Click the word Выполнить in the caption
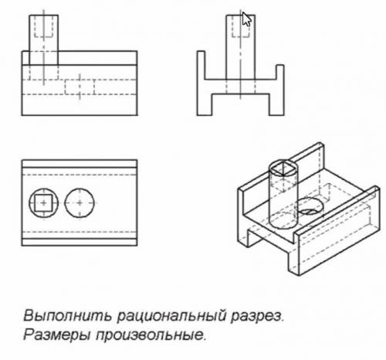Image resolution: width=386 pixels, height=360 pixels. pos(68,316)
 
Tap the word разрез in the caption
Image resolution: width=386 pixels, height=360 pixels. pos(256,317)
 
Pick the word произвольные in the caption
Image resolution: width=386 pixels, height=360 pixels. pos(151,335)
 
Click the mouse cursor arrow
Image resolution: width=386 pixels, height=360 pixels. pos(246,19)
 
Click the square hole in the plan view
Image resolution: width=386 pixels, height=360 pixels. pos(43,203)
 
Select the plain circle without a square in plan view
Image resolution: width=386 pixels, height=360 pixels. pos(80,203)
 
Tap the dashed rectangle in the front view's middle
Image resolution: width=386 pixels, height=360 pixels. pos(80,87)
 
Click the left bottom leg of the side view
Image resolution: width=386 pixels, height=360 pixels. pos(205,104)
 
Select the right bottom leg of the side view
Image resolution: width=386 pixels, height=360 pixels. pos(276,104)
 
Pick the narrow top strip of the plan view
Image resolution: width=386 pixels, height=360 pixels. pos(80,164)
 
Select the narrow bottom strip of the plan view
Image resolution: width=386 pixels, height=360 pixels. pos(80,242)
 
